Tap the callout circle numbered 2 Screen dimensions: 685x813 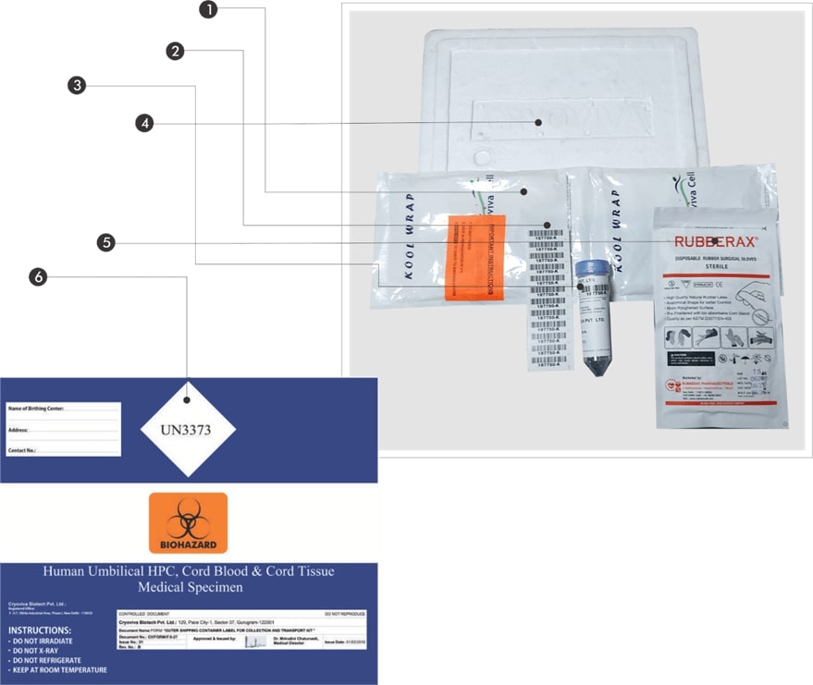pyautogui.click(x=175, y=51)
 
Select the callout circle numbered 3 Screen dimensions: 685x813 pyautogui.click(x=77, y=86)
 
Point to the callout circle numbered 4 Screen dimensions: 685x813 pyautogui.click(x=144, y=123)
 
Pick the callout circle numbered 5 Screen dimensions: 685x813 pyautogui.click(x=106, y=243)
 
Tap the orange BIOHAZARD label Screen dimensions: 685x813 pyautogui.click(x=188, y=523)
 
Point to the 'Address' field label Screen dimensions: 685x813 pyautogui.click(x=18, y=430)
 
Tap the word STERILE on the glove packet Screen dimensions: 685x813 pyautogui.click(x=712, y=266)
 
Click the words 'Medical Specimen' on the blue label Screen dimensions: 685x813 pyautogui.click(x=188, y=587)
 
